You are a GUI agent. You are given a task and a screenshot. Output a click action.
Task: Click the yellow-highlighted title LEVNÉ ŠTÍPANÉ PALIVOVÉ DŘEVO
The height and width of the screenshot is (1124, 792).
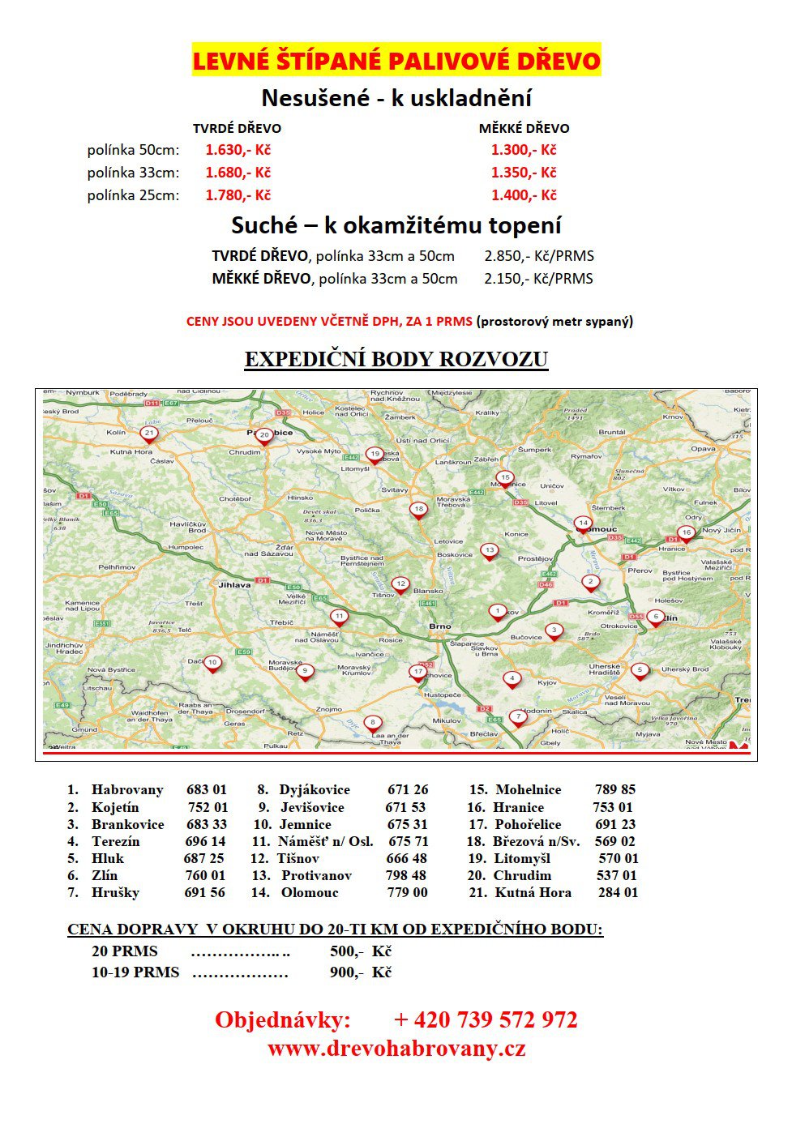[x=396, y=61]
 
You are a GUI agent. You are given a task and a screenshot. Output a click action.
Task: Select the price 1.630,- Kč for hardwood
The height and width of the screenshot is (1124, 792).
[x=238, y=150]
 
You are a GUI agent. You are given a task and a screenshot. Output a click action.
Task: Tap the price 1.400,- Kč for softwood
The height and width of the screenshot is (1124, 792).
[x=524, y=195]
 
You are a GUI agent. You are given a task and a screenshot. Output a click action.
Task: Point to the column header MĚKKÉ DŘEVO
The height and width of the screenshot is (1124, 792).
[x=524, y=128]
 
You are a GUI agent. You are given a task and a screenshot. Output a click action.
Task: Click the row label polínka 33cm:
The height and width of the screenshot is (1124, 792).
[x=134, y=173]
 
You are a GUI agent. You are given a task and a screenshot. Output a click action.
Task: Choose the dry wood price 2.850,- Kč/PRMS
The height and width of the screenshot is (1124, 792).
[x=539, y=256]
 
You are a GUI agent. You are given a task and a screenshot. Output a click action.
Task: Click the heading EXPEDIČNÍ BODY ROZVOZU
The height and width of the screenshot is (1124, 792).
[x=396, y=360]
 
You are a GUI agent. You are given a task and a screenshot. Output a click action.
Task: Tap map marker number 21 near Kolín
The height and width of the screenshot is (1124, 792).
[x=148, y=434]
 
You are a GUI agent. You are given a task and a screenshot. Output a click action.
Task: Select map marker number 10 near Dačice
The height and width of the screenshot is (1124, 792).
[x=212, y=663]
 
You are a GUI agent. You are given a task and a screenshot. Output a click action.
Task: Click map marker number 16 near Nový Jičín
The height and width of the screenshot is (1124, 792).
[x=686, y=533]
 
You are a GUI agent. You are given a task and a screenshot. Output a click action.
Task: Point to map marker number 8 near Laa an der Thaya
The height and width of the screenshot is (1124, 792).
[x=372, y=722]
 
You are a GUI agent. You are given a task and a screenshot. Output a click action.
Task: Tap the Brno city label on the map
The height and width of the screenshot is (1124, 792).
[x=439, y=626]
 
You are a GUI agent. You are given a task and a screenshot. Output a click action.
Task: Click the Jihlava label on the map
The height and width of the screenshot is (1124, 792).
[x=234, y=584]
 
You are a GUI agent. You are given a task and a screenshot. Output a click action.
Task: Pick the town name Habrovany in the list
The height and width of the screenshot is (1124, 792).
[x=127, y=790]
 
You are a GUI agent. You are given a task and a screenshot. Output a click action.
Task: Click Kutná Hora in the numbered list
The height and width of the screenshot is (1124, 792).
[x=533, y=893]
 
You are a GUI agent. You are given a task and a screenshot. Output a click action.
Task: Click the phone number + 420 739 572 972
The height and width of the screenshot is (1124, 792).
[x=486, y=1019]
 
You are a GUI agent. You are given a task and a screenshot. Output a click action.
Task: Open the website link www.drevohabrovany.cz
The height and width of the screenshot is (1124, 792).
[x=396, y=1049]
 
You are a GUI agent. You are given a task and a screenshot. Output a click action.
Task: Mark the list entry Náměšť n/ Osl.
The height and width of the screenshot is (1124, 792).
[x=325, y=842]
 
